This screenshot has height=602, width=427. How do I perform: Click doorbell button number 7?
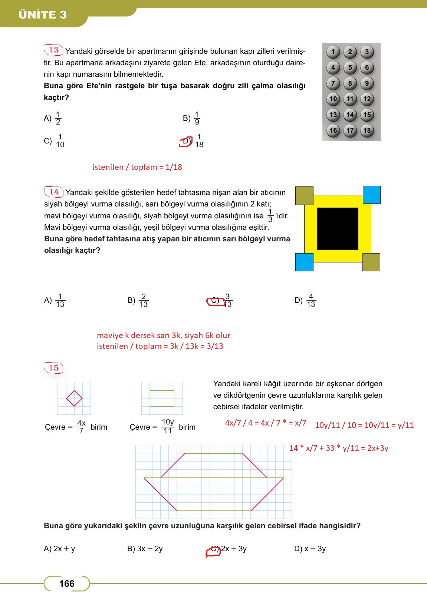[333, 83]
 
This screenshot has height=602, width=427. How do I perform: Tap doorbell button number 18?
[367, 130]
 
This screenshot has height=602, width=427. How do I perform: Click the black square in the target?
[338, 228]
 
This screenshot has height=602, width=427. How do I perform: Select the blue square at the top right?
[371, 195]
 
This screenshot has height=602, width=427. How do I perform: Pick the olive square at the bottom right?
[371, 262]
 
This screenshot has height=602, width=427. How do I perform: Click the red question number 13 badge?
[54, 50]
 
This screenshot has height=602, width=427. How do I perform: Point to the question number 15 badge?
[54, 368]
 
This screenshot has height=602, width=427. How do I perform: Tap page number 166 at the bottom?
[67, 584]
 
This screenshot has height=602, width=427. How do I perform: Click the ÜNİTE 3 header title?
[43, 15]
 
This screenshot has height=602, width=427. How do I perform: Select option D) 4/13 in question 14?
[305, 301]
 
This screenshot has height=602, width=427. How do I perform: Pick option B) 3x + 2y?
[145, 549]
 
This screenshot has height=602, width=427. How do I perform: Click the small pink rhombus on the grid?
[74, 398]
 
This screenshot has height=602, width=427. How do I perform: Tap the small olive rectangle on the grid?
[162, 398]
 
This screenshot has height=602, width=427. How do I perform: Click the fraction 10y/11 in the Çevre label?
[168, 426]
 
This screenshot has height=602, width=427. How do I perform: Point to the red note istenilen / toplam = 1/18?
[137, 167]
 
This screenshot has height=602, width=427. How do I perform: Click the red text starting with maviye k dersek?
[164, 335]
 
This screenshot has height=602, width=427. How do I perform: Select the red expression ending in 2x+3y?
[338, 448]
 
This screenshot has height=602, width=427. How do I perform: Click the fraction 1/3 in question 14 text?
[270, 216]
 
